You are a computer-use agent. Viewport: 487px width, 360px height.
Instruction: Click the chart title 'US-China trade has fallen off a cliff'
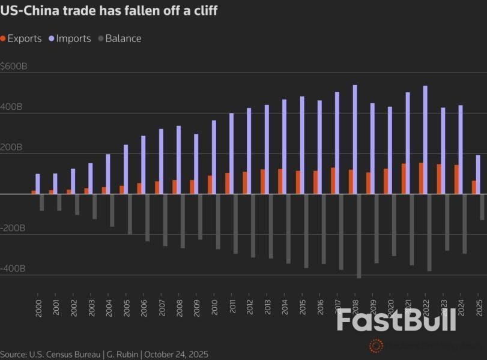click(109, 11)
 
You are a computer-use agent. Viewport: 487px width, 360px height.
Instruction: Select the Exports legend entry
click(24, 38)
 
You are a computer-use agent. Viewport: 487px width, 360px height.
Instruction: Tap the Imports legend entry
click(73, 38)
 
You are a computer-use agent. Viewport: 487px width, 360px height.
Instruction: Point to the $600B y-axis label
click(14, 67)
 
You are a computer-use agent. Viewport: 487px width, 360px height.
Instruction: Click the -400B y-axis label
click(13, 269)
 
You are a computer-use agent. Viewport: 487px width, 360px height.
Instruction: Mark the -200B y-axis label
click(13, 229)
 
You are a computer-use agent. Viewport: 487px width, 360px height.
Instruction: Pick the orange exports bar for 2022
click(421, 178)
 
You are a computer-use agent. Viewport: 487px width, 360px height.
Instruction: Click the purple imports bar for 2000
click(38, 184)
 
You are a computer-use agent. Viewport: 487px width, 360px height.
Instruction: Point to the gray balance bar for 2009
click(200, 217)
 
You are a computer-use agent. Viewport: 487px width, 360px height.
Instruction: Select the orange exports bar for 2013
click(262, 181)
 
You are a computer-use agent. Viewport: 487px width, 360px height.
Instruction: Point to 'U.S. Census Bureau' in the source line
click(67, 355)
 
